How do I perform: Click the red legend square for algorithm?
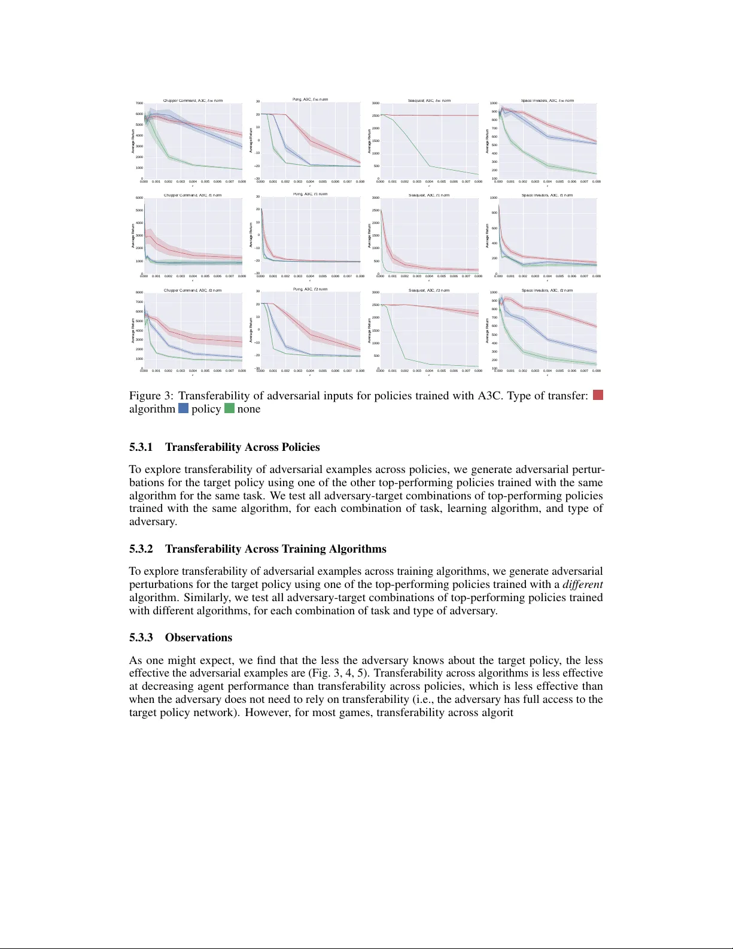[x=597, y=395]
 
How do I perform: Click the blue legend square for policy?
[x=183, y=409]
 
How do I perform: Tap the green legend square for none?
[x=229, y=409]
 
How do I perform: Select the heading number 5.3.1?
[x=141, y=447]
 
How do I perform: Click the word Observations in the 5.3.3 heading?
[x=199, y=638]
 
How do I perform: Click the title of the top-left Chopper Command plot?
[x=193, y=101]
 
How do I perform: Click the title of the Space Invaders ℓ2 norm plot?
[x=547, y=290]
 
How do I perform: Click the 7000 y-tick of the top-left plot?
[x=139, y=104]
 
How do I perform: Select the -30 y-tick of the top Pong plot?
[x=256, y=178]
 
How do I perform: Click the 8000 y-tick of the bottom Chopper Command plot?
[x=139, y=293]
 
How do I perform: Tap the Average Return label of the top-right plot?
[x=488, y=141]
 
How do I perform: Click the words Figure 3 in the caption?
[x=152, y=396]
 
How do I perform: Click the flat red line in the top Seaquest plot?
[x=431, y=116]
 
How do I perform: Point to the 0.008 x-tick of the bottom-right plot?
[x=596, y=371]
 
